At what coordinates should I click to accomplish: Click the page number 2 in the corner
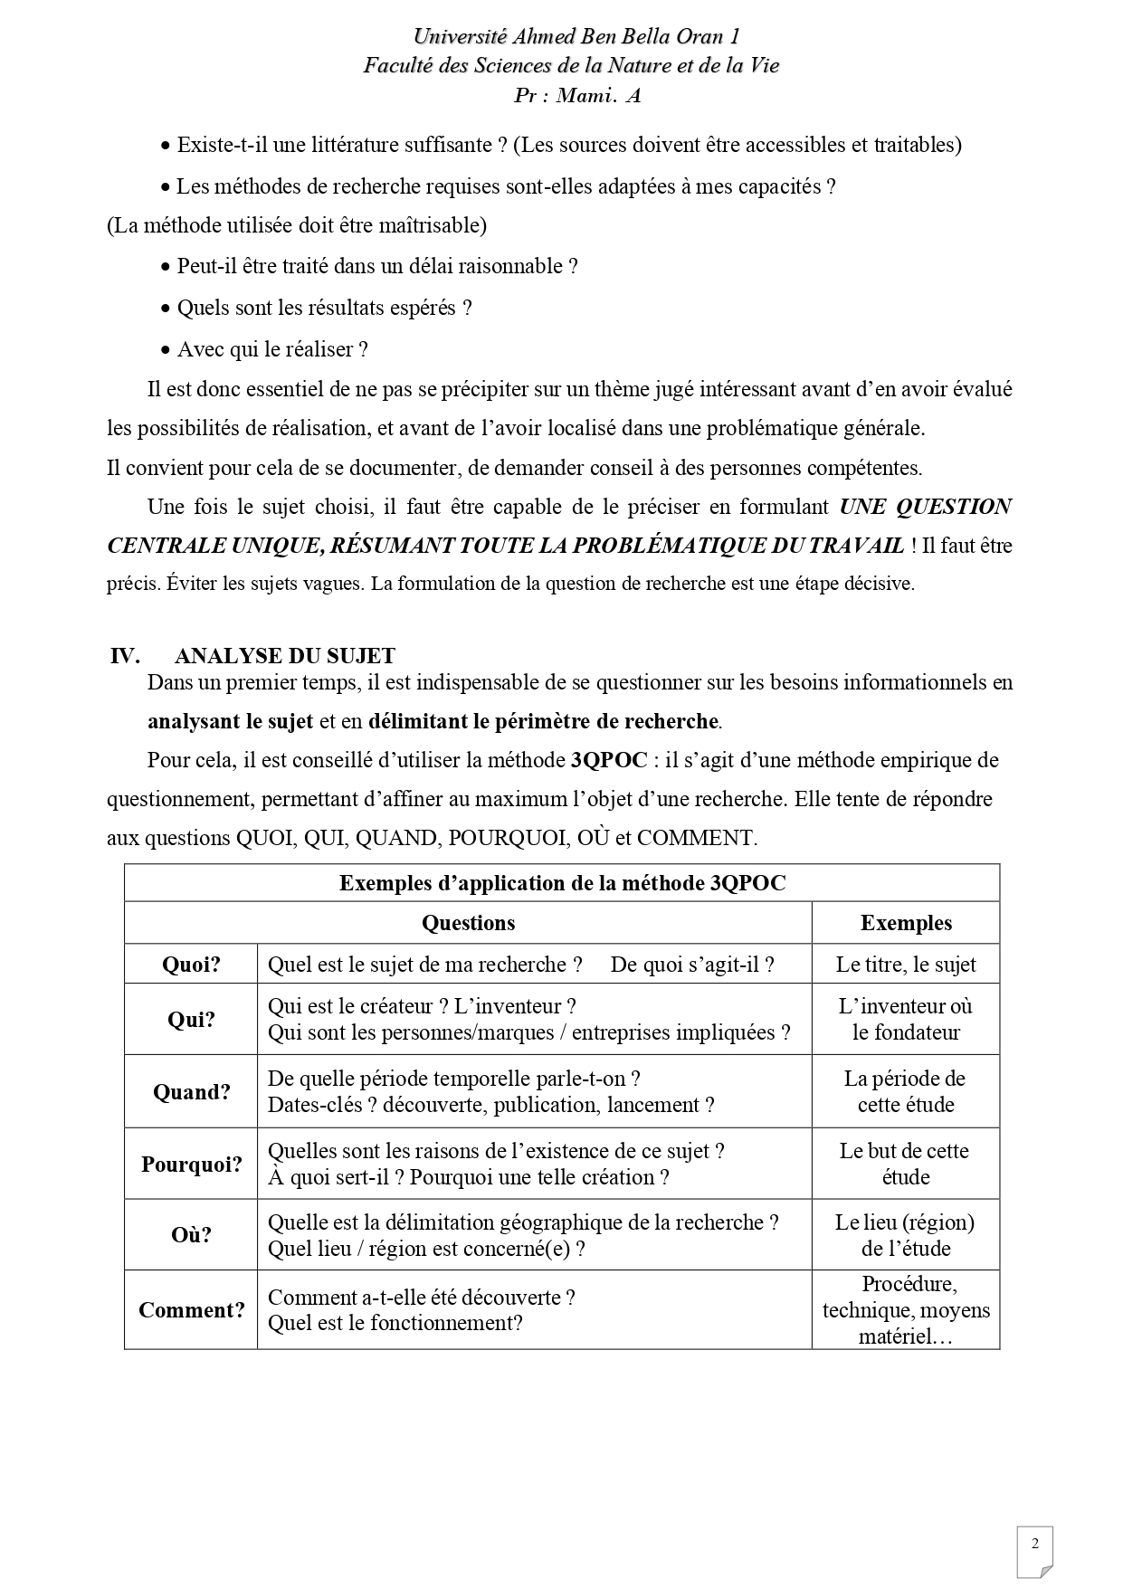pos(1035,1544)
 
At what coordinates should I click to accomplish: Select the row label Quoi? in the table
pos(191,965)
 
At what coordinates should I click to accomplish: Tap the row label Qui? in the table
pos(191,1020)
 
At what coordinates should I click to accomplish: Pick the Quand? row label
pos(191,1092)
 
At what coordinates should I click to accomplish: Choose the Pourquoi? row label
pos(191,1165)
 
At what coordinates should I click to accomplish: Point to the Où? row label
pos(191,1235)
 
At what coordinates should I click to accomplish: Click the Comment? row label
pos(191,1310)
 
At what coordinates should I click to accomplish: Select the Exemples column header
pos(906,923)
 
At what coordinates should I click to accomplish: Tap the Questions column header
pos(468,923)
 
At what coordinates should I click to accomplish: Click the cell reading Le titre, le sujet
pos(906,965)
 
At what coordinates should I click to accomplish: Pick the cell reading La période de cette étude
pos(906,1092)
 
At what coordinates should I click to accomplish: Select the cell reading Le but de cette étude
pos(906,1165)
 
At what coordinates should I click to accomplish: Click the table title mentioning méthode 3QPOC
pos(562,883)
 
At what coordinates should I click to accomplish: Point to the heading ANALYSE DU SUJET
pos(285,656)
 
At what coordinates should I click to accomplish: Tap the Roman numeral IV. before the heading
pos(125,656)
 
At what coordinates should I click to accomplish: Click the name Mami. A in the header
pos(598,95)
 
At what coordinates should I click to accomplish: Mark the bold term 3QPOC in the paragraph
pos(609,760)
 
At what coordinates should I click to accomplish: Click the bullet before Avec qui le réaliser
pos(165,350)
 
